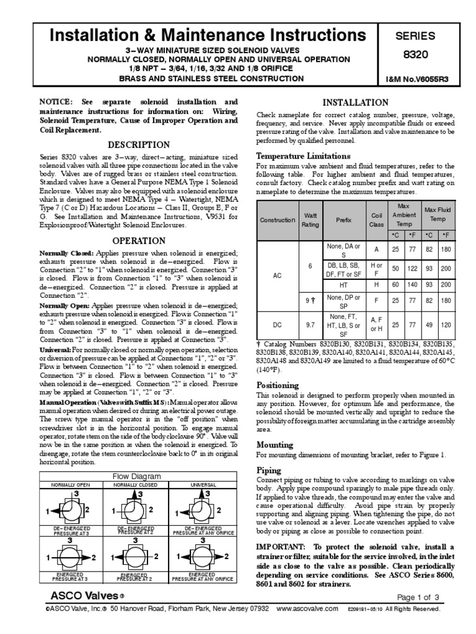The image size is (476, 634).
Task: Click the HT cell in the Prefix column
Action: (343, 284)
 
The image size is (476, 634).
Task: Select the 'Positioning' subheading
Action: (277, 385)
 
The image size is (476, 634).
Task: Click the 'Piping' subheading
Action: (268, 471)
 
